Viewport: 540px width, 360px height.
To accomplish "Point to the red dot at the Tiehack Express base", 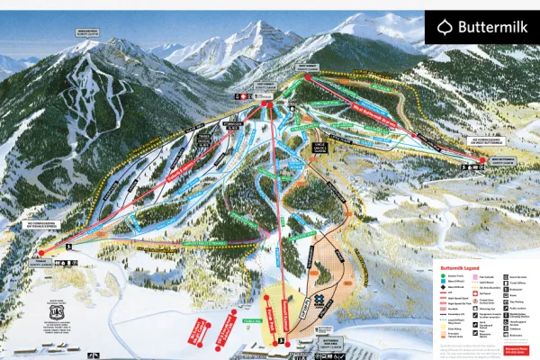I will point(40,254).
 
